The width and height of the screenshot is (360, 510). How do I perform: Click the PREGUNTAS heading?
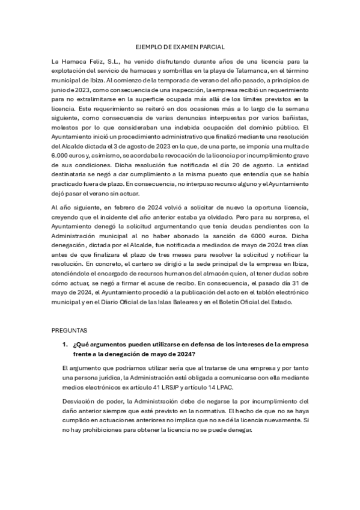(70, 331)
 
